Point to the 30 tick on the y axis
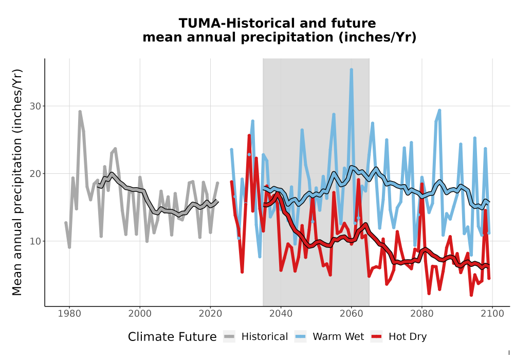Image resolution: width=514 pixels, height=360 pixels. [x=35, y=106]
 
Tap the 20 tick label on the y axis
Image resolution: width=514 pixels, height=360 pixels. [x=35, y=174]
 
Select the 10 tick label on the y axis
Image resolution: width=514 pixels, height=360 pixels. [x=35, y=241]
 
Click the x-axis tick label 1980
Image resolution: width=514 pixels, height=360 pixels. [x=69, y=314]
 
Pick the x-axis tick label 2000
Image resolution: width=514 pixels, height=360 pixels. [x=140, y=314]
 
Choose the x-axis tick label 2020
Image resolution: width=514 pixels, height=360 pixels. [x=210, y=314]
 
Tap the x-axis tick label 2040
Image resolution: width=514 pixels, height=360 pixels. [x=281, y=314]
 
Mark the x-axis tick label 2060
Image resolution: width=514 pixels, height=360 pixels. [x=352, y=314]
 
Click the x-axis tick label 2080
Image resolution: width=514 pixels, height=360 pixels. [x=422, y=314]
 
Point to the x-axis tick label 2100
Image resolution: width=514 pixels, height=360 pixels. [x=492, y=314]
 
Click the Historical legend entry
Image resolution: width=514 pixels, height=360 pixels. [x=255, y=337]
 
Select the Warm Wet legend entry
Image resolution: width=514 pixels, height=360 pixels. [x=329, y=337]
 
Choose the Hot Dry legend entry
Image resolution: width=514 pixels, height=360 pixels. [x=399, y=337]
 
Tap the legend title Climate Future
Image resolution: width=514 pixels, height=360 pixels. [x=172, y=337]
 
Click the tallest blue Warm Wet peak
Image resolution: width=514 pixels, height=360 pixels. [x=352, y=70]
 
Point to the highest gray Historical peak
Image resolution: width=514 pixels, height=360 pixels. [x=80, y=112]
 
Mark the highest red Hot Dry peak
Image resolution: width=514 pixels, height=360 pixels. [x=249, y=136]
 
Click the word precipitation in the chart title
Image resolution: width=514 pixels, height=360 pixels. [x=287, y=38]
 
